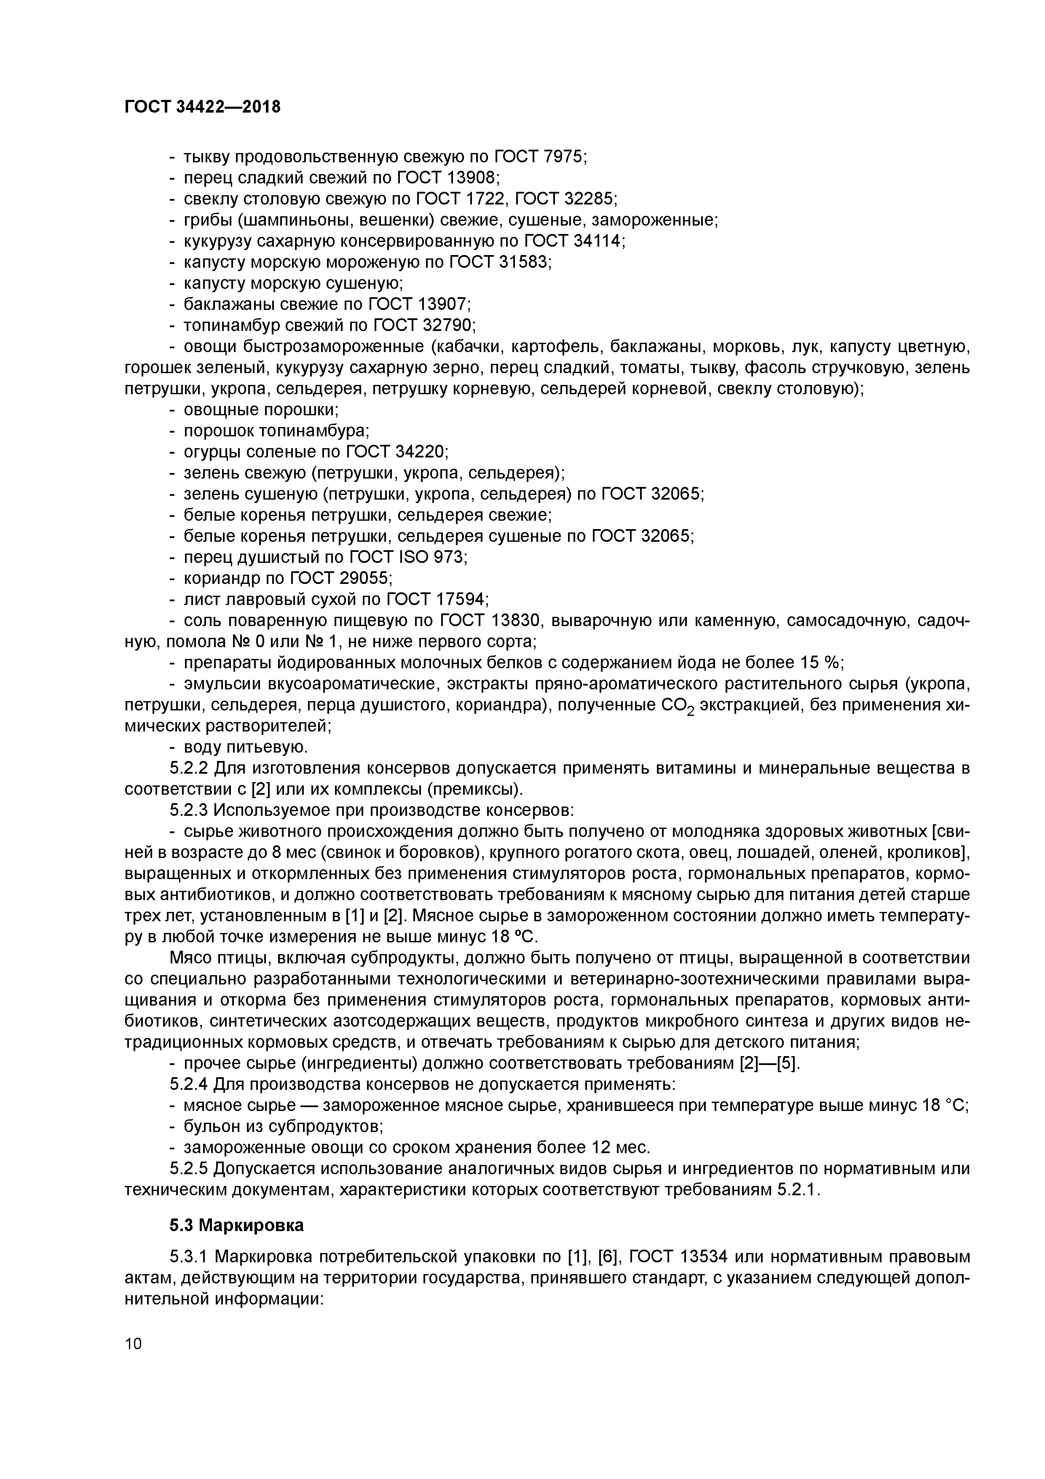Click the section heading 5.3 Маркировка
coord(236,1225)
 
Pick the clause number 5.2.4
coord(189,1085)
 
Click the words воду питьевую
coord(245,747)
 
